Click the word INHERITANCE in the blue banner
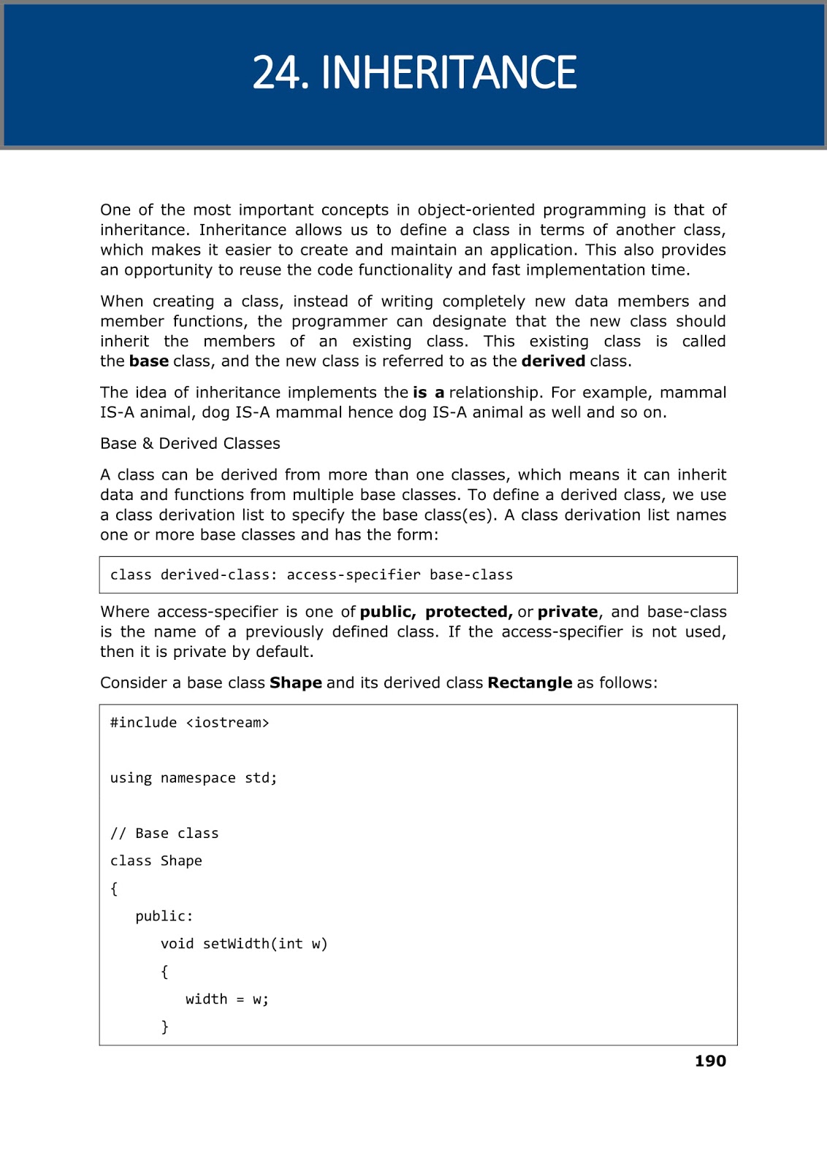coord(449,73)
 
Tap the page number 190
coord(710,1061)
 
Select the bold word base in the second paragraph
coord(149,361)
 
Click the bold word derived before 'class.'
coord(553,361)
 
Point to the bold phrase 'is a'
coord(429,392)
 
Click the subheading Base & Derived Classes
coord(190,443)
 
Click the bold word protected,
coord(469,612)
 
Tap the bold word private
coord(568,612)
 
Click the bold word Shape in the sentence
coord(296,683)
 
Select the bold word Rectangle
coord(530,683)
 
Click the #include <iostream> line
coord(190,723)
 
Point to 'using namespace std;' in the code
coord(194,778)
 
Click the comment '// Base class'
coord(164,834)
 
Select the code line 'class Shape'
coord(156,861)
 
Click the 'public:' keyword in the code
coord(164,916)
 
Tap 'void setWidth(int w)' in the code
coord(244,944)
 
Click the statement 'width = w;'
coord(227,999)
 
